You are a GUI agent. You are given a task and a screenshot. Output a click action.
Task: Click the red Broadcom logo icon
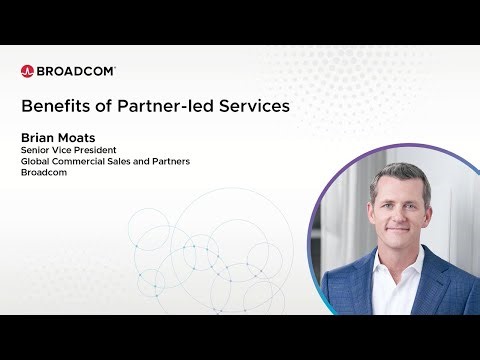click(x=27, y=71)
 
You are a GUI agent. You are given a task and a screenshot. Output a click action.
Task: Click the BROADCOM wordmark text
click(x=76, y=71)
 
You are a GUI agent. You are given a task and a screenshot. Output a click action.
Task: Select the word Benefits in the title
click(x=54, y=104)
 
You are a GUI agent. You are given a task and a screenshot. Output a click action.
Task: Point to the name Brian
click(x=38, y=137)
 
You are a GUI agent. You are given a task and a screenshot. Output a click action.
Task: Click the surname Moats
click(x=81, y=137)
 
